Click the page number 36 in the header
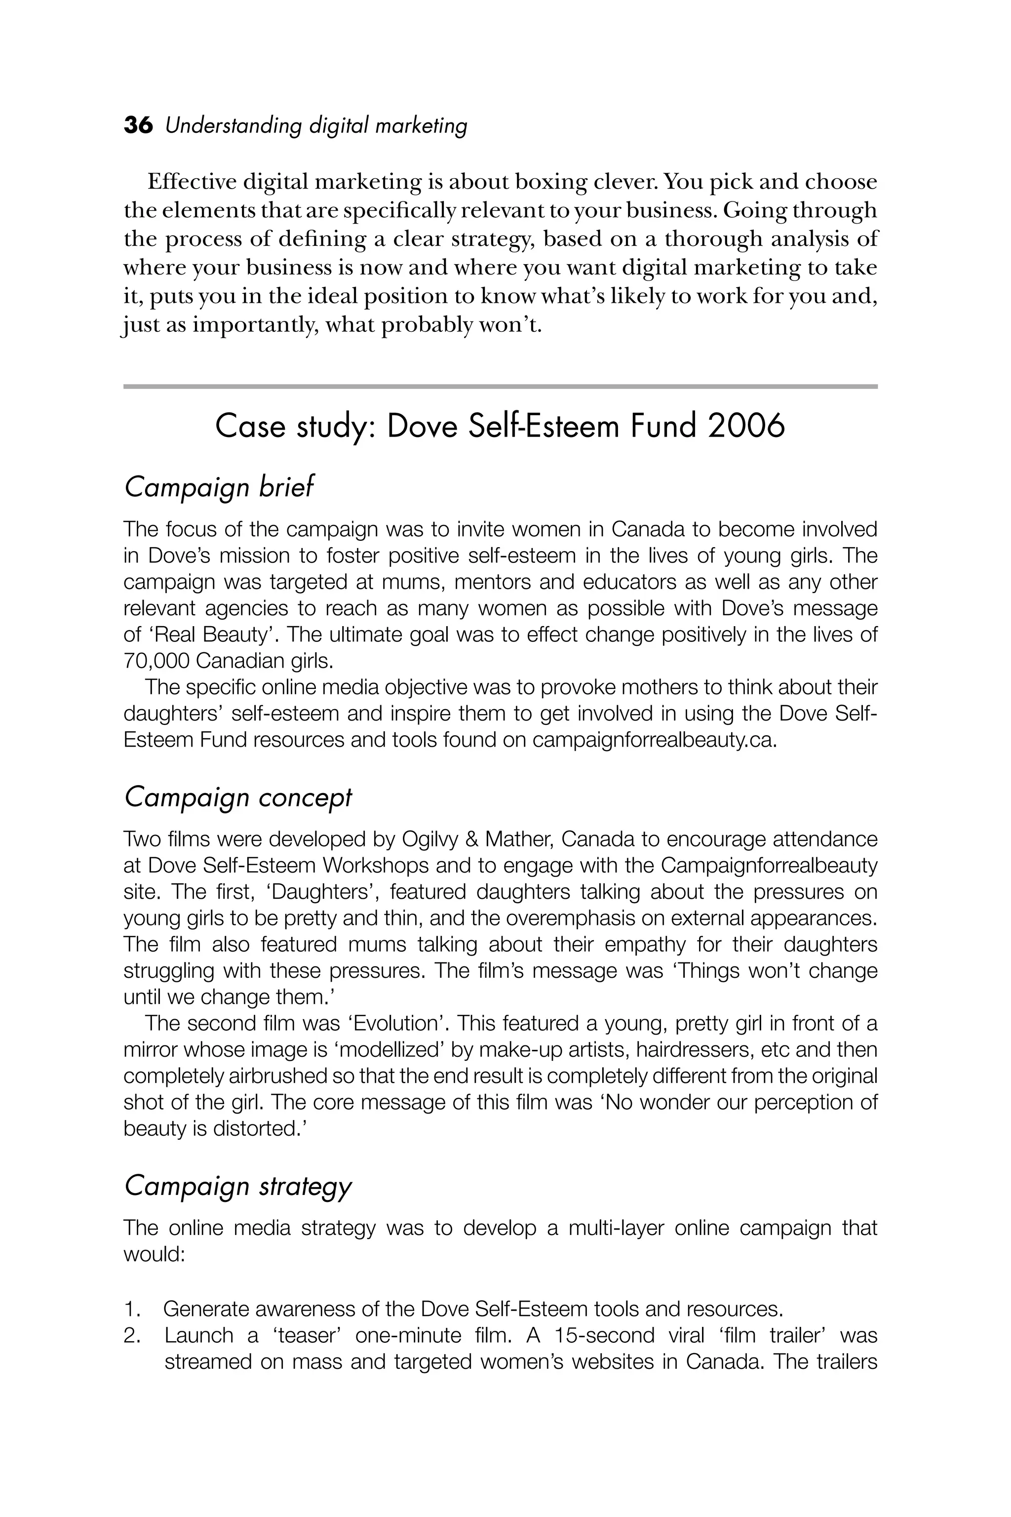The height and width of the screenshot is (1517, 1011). [138, 125]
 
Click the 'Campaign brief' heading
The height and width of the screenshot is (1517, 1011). [219, 487]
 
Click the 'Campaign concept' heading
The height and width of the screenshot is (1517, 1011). [238, 798]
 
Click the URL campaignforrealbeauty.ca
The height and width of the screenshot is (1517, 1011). [653, 740]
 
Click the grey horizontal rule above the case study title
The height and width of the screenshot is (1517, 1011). [501, 386]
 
